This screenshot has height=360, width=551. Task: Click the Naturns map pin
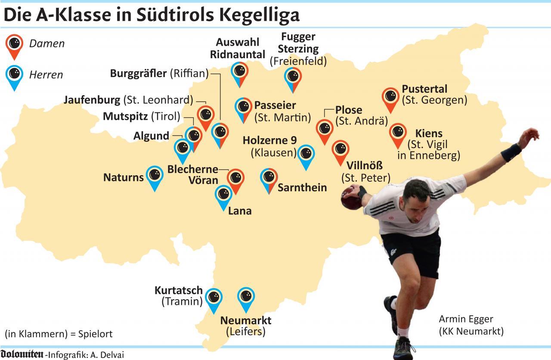click(x=155, y=176)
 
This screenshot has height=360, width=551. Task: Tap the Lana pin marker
click(x=223, y=196)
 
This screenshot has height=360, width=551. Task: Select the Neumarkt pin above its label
click(x=246, y=298)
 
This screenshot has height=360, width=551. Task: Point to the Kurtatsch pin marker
click(x=214, y=298)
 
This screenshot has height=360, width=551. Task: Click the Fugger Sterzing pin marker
click(x=293, y=78)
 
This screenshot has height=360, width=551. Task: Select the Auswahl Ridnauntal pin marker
click(x=240, y=72)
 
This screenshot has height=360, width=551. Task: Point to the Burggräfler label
click(x=138, y=73)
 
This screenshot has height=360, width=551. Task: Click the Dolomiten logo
click(x=22, y=354)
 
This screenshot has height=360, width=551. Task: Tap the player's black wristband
click(x=511, y=152)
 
